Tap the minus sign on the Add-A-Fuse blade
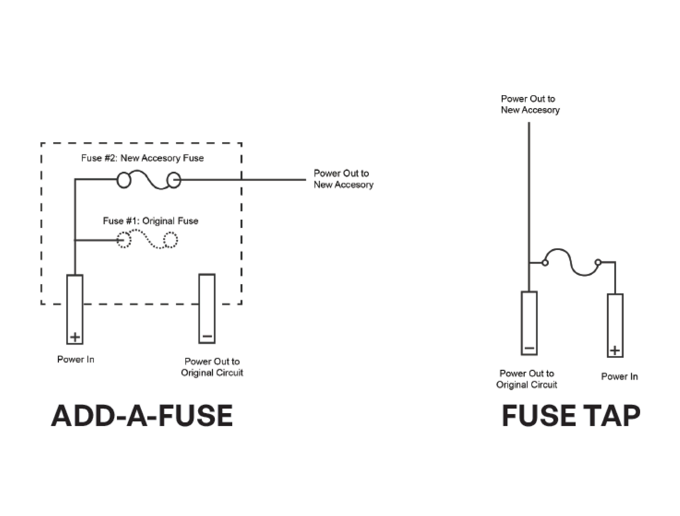click(207, 336)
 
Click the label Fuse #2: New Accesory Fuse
click(142, 158)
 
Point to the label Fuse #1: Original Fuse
click(150, 221)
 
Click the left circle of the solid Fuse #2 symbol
click(124, 180)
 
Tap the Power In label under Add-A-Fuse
click(76, 359)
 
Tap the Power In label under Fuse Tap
click(619, 377)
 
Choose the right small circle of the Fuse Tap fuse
click(598, 262)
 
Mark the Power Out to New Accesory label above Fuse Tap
click(530, 104)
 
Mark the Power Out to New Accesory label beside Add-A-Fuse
click(343, 179)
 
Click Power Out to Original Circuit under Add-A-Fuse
click(212, 367)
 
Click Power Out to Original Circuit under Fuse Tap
click(527, 379)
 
